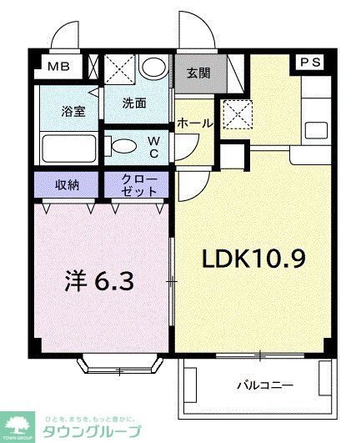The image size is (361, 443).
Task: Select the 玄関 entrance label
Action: point(198,73)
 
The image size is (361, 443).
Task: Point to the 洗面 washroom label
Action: point(134,105)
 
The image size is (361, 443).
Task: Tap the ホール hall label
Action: point(195,123)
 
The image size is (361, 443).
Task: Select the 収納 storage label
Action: point(68,183)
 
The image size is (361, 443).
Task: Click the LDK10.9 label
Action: point(253,259)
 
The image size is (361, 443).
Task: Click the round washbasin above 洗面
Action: point(153,68)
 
